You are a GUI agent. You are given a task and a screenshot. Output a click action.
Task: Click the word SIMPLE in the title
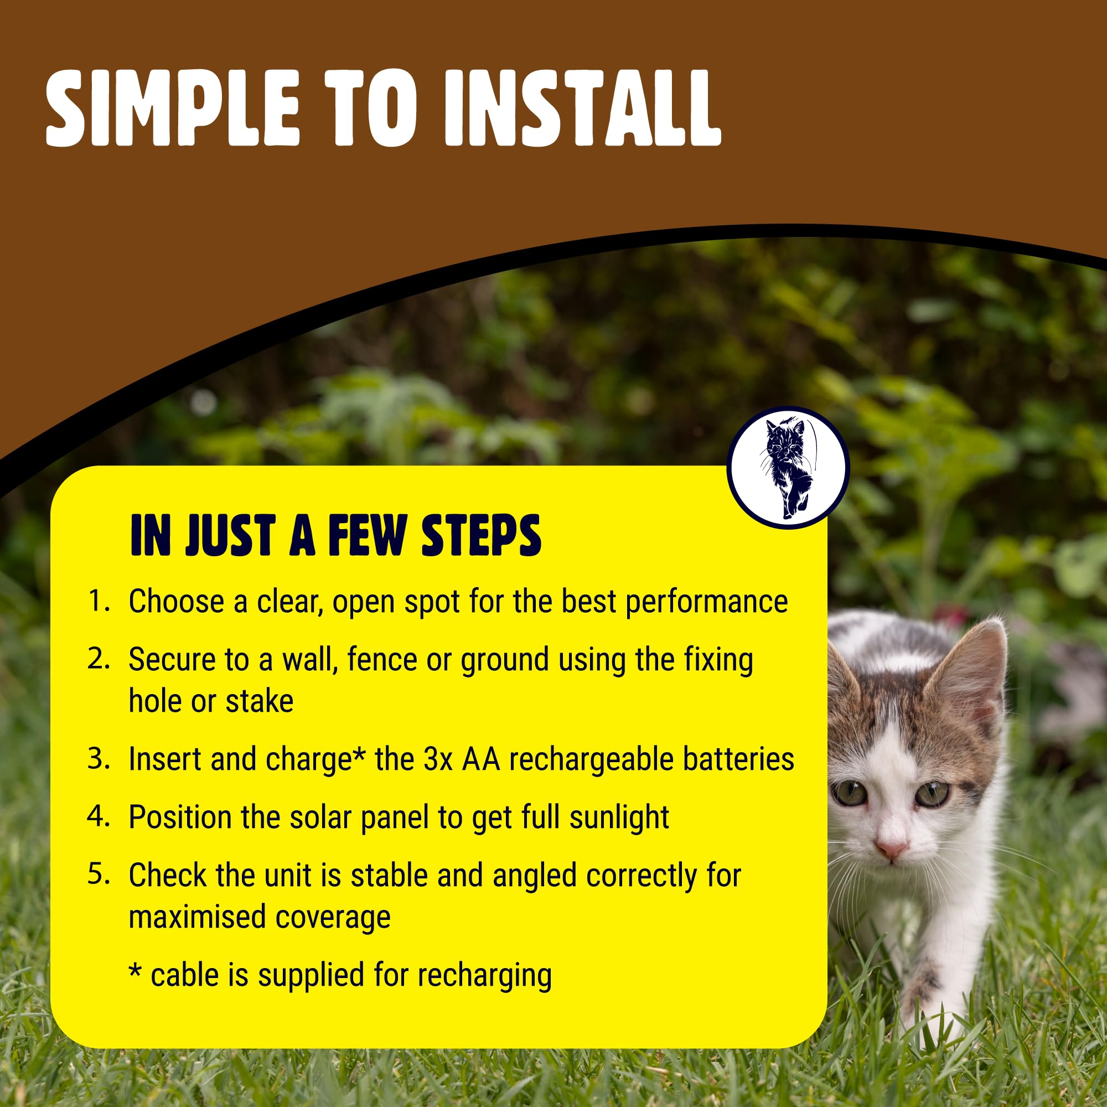point(173,108)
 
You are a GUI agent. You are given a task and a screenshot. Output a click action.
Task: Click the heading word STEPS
point(482,535)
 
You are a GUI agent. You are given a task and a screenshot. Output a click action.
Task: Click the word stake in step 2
point(260,701)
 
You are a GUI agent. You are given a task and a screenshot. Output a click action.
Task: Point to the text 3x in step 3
point(438,759)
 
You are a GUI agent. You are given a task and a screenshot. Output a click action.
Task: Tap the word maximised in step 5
point(198,916)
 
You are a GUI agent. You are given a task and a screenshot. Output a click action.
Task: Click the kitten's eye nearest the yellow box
point(851,793)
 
